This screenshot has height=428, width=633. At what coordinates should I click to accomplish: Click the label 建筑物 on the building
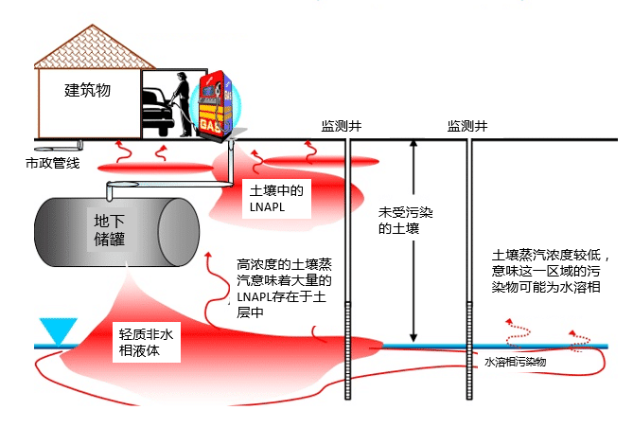click(x=87, y=90)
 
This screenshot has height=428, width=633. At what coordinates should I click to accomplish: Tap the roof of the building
click(x=94, y=47)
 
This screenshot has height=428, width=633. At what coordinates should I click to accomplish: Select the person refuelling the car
click(x=182, y=103)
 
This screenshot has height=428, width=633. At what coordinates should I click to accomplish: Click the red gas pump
click(x=215, y=106)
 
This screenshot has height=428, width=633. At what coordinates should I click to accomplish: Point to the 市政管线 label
click(x=52, y=163)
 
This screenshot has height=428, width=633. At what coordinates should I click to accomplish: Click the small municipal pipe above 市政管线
click(x=60, y=146)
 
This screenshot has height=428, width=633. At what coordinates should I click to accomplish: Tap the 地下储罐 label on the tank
click(x=109, y=230)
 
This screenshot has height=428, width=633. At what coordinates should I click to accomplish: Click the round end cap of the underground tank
click(x=178, y=232)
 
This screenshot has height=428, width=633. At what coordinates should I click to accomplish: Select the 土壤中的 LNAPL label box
click(x=276, y=199)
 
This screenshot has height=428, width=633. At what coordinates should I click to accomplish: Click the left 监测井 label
click(x=342, y=126)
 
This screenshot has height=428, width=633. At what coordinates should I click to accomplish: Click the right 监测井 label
click(x=467, y=126)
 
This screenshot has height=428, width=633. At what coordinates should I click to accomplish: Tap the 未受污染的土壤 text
click(x=405, y=221)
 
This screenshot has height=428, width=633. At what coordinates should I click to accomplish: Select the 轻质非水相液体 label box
click(x=146, y=343)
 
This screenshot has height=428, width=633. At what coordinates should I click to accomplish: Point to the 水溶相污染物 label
click(x=515, y=362)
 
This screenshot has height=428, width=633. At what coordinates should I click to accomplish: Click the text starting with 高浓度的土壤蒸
click(x=284, y=289)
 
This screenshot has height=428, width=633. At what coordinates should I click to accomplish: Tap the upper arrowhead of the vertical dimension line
click(x=413, y=144)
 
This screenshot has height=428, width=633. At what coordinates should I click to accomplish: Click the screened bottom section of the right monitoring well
click(x=469, y=350)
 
